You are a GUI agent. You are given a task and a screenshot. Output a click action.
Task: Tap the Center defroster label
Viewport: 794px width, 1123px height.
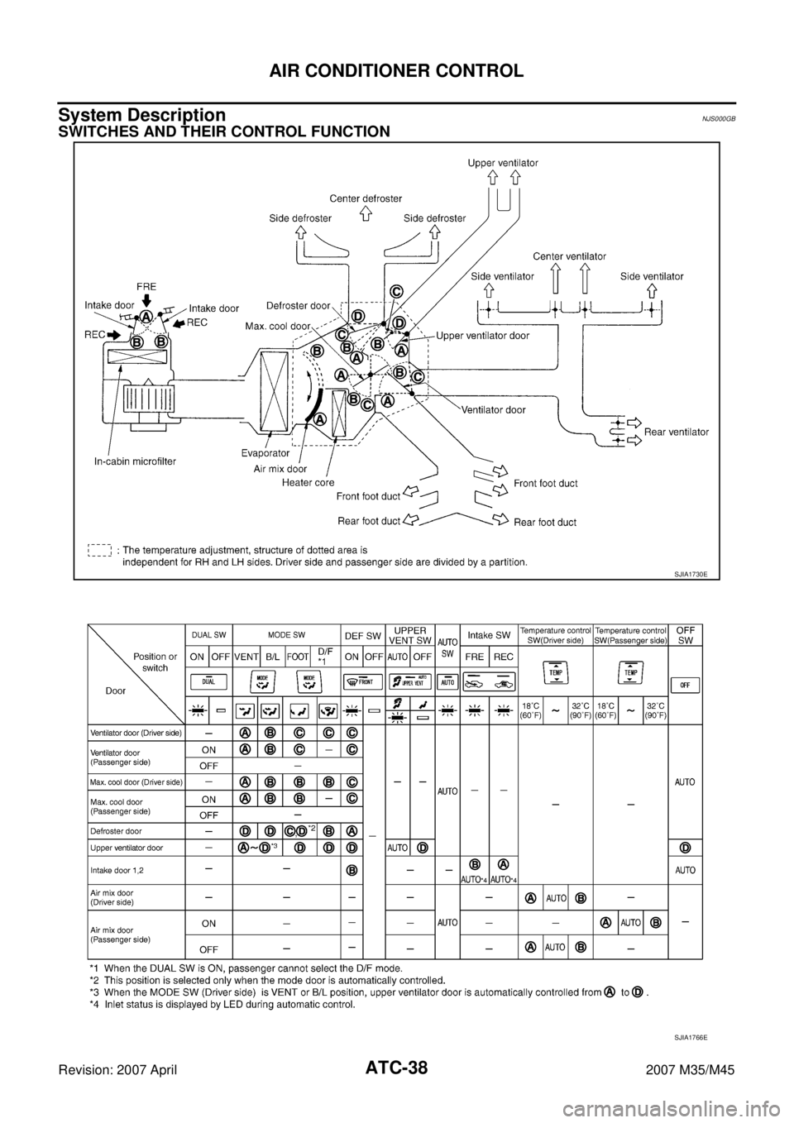pyautogui.click(x=366, y=198)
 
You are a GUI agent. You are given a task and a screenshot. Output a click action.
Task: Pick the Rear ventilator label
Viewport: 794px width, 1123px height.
pyautogui.click(x=676, y=432)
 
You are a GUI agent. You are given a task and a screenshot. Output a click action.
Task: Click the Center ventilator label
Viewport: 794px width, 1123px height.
pyautogui.click(x=569, y=256)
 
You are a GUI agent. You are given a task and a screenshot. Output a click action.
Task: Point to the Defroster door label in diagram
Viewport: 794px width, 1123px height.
pyautogui.click(x=299, y=305)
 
